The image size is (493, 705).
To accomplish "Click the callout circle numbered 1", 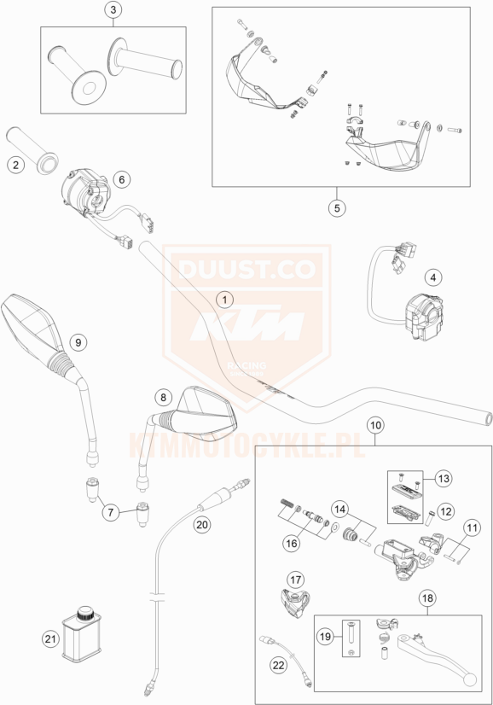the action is [x=225, y=299].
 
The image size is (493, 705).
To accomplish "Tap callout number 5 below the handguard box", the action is [x=337, y=207].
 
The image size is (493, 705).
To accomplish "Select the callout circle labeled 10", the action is [x=375, y=425].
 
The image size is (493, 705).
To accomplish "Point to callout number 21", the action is [x=51, y=639].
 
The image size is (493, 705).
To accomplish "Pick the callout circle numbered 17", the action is [x=296, y=580].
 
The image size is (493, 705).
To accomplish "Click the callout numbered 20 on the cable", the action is [x=202, y=524].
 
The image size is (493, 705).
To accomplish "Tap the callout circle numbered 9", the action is [x=78, y=342].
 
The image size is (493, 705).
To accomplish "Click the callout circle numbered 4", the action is [x=433, y=277].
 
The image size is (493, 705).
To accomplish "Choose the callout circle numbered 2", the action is [x=16, y=165].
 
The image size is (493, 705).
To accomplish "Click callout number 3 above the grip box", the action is [x=113, y=10].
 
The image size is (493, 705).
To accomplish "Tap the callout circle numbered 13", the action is [x=444, y=478].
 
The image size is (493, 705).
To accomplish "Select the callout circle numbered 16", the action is [x=292, y=544].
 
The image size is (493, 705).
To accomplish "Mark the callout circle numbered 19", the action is [x=325, y=637].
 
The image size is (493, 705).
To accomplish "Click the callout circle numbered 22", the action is [x=279, y=665].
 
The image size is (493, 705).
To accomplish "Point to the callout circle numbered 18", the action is [x=427, y=598].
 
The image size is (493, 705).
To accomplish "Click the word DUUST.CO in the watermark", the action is [x=246, y=270].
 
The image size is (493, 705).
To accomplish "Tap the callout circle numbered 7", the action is [x=111, y=511].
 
